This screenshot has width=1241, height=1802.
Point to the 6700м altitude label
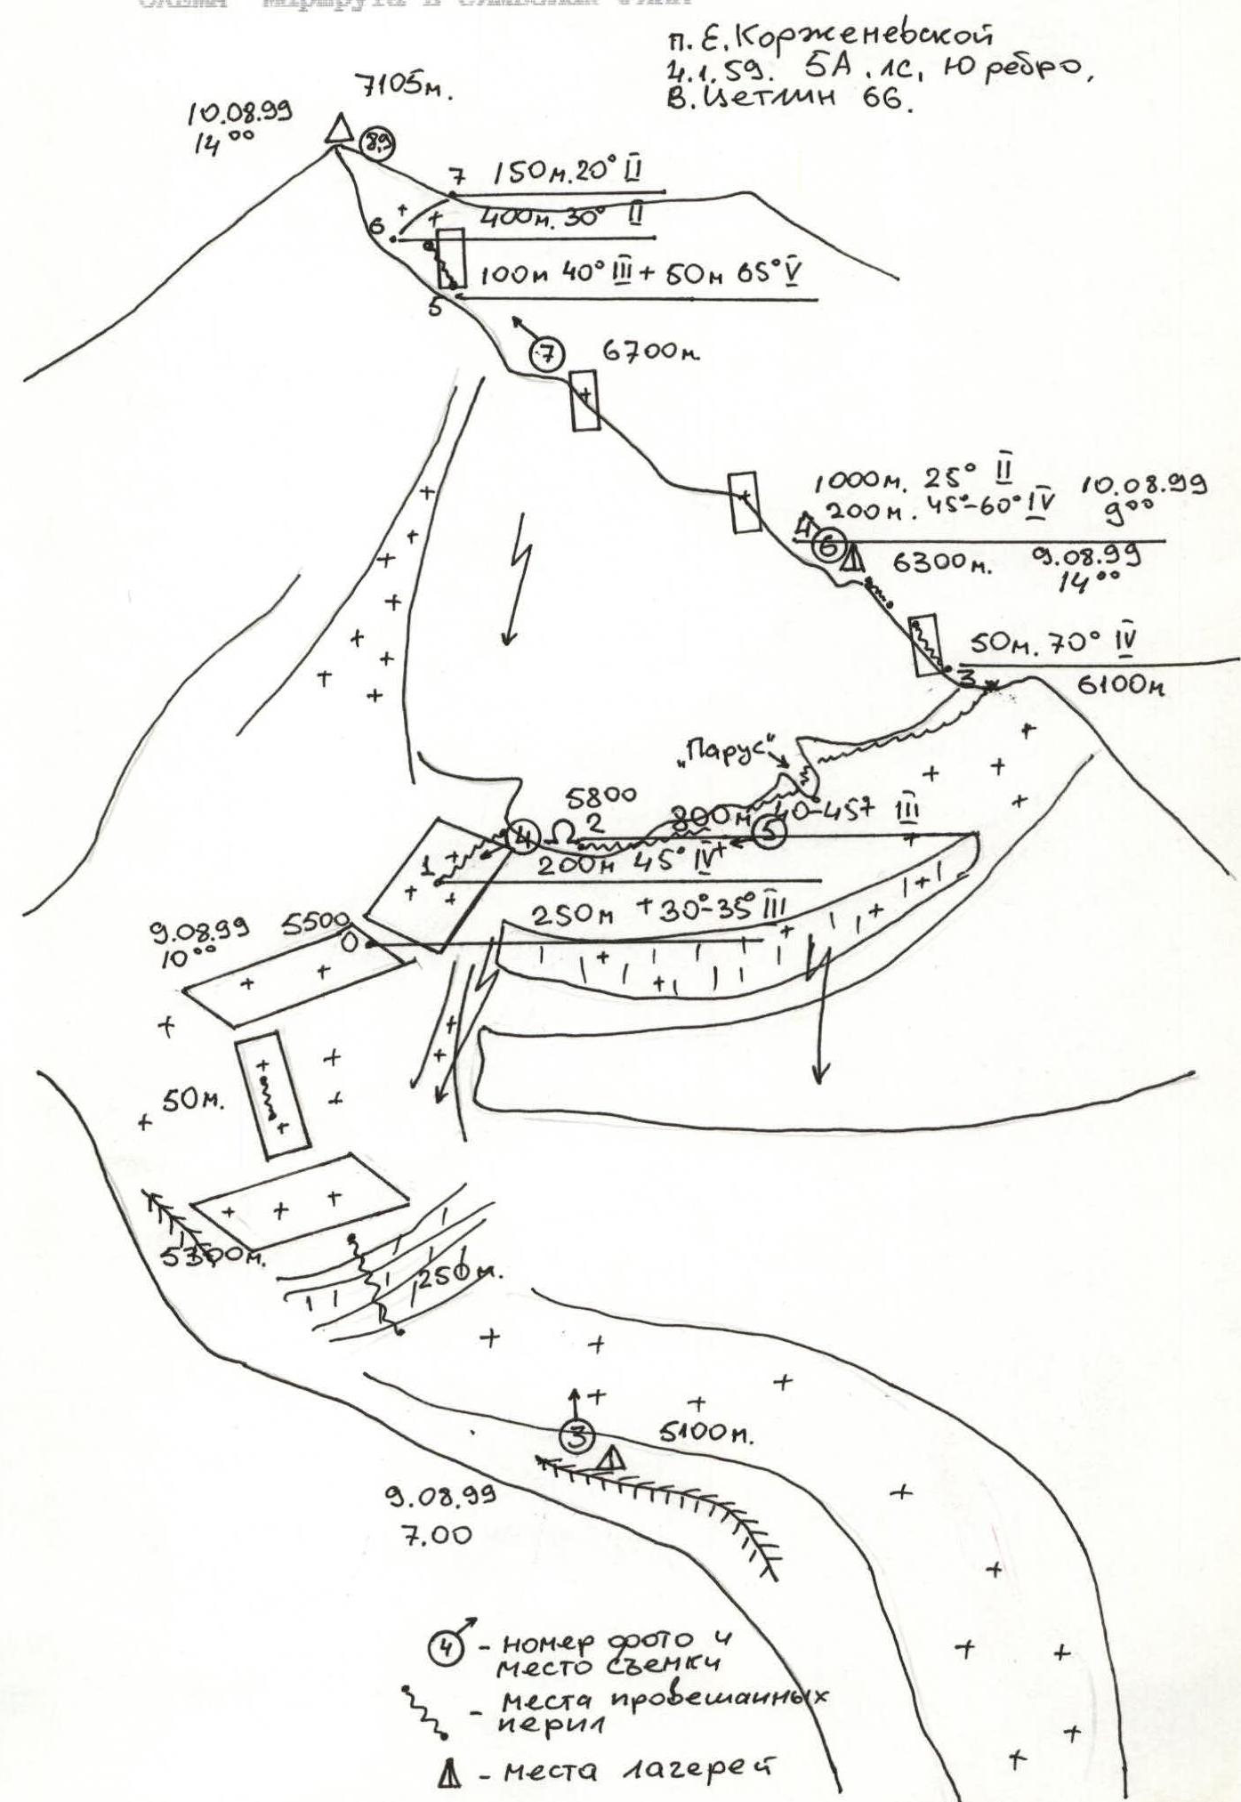coord(651,353)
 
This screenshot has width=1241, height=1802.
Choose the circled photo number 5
coord(770,832)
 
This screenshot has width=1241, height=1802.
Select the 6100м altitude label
coord(1121,685)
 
